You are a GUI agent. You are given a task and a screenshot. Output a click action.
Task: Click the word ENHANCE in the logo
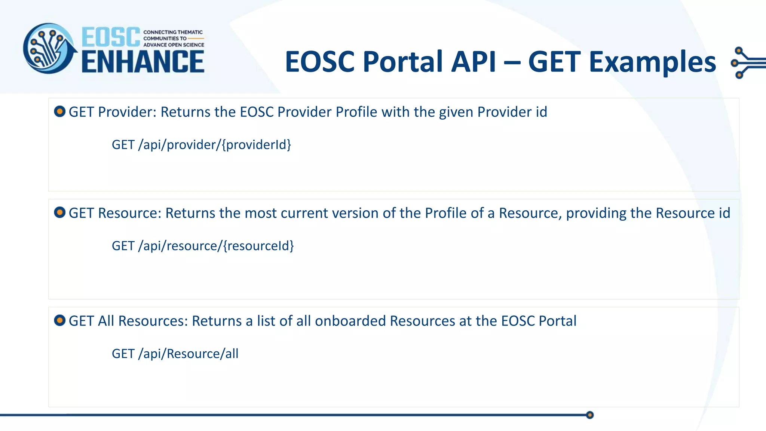pos(143,62)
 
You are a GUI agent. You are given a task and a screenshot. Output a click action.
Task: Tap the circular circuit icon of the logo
pos(49,49)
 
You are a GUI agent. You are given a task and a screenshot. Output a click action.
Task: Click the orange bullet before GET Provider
pos(60,111)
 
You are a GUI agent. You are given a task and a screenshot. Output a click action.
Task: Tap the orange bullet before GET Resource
pos(60,213)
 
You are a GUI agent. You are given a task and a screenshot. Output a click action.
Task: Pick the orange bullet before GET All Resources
pos(60,321)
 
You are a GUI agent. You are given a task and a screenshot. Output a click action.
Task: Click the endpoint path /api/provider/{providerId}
pos(214,145)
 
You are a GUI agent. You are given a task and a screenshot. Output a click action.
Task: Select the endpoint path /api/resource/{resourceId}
pos(216,246)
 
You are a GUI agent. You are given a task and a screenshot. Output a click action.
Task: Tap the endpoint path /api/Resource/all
pos(188,354)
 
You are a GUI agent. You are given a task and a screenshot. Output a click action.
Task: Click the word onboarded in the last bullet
pos(350,321)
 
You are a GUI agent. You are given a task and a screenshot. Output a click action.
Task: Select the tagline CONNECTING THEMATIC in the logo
pos(173,32)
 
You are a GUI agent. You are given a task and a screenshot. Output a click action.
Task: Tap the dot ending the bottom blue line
pos(590,415)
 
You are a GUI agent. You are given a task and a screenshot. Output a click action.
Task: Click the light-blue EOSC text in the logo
pos(111,37)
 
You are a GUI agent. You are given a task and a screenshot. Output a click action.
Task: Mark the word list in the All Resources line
pos(266,321)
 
